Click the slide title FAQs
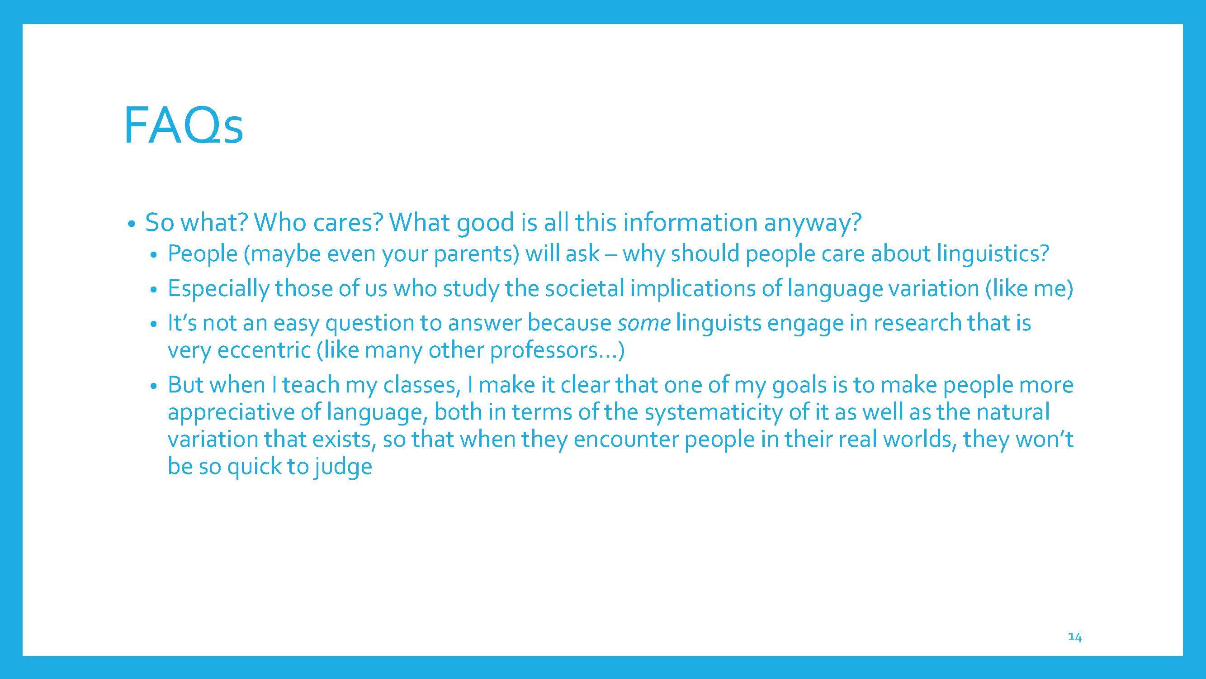[183, 125]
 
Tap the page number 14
[1074, 637]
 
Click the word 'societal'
[584, 288]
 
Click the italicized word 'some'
[644, 324]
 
